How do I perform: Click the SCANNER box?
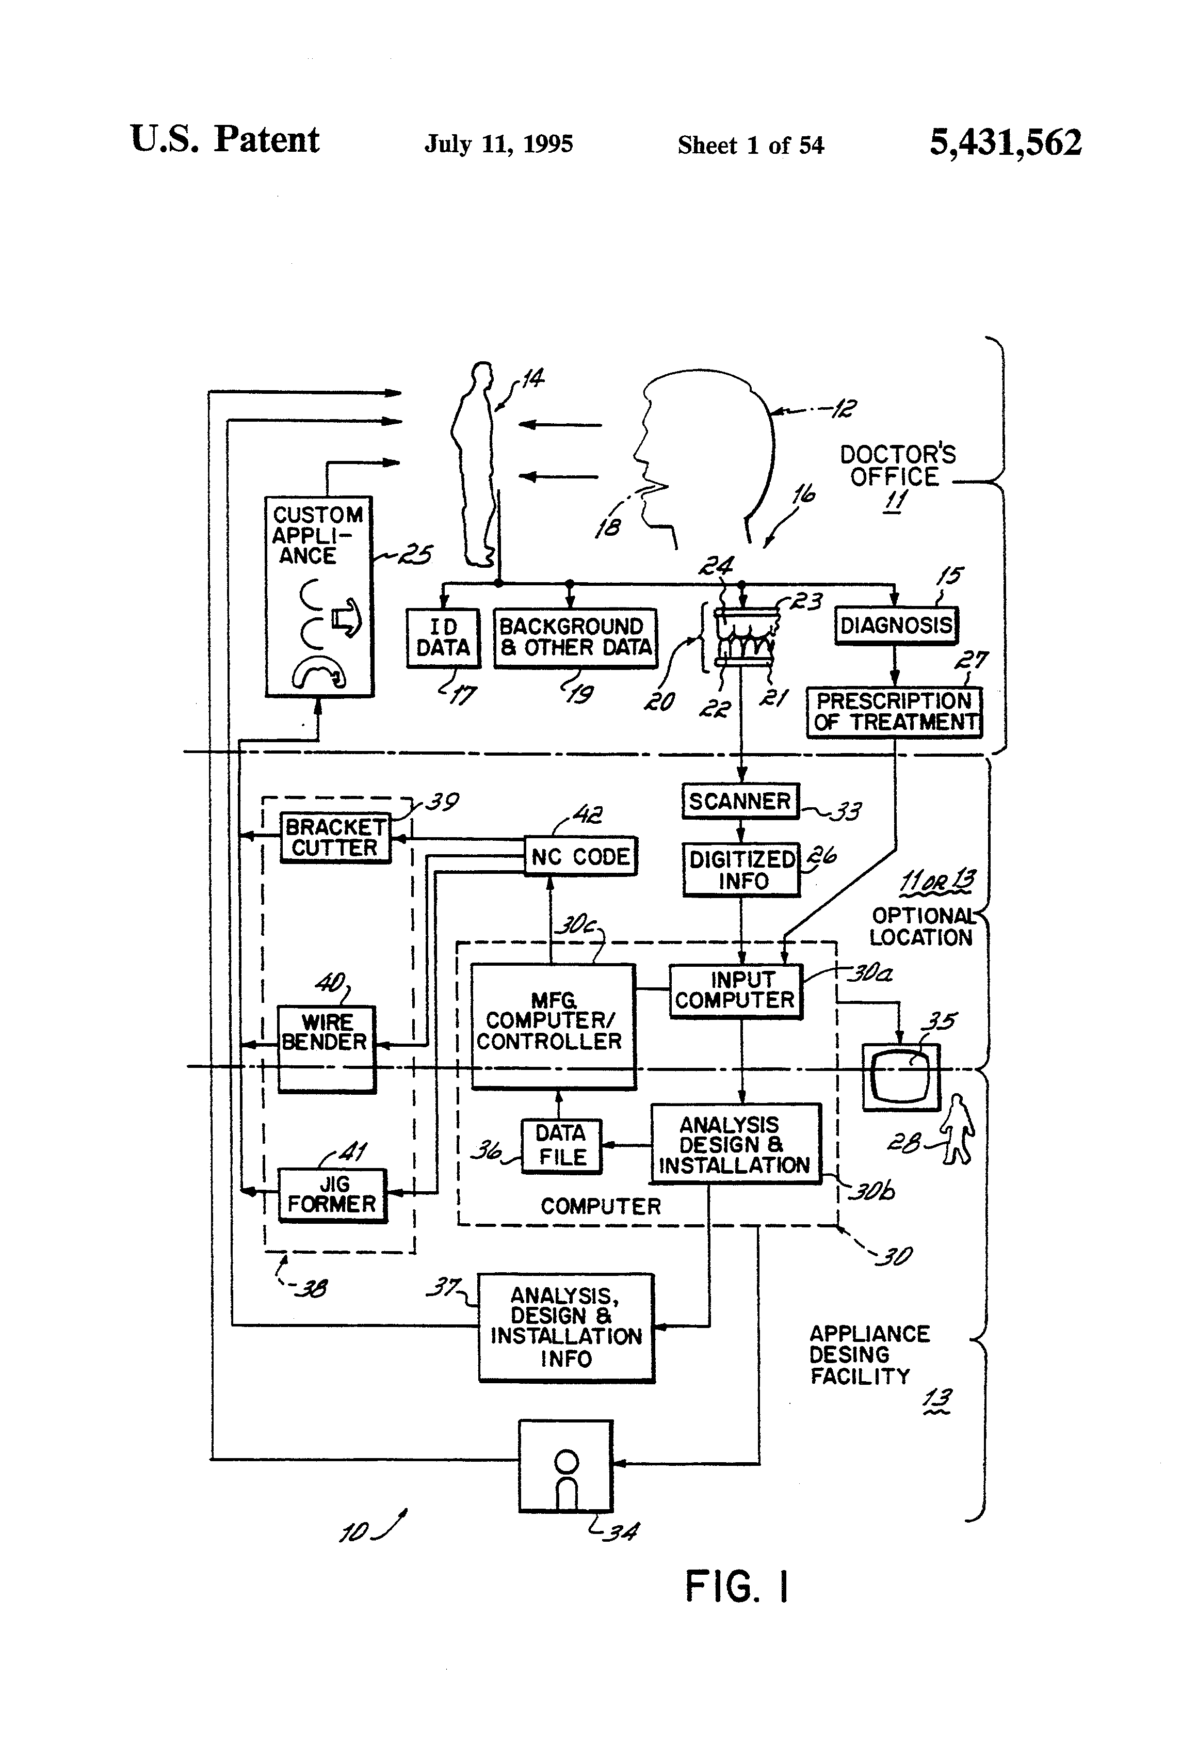coord(740,801)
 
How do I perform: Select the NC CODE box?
coord(580,857)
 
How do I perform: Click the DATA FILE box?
coord(561,1146)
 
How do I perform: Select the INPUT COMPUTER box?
coord(735,991)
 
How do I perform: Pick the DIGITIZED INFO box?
coord(741,870)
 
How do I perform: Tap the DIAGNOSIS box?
coord(896,625)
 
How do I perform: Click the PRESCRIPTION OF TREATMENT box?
coord(894,711)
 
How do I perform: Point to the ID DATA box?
coord(443,637)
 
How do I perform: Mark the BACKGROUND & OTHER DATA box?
coord(575,637)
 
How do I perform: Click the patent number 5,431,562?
coord(1005,142)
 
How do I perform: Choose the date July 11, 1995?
coord(498,144)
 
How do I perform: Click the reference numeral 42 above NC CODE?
coord(588,814)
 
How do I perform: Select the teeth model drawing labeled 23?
coord(746,636)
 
